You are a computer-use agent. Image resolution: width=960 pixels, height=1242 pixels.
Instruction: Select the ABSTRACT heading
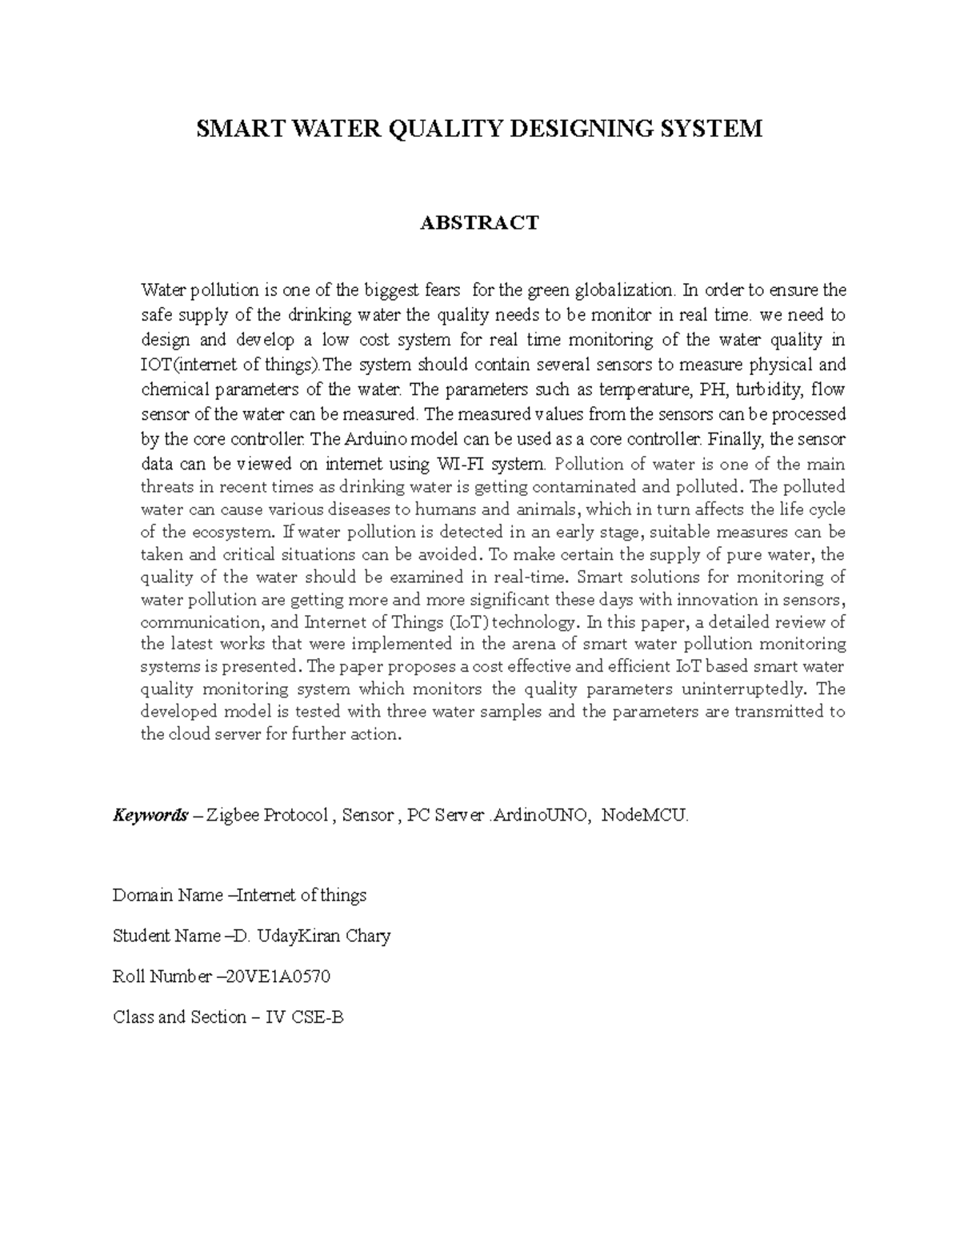click(x=480, y=222)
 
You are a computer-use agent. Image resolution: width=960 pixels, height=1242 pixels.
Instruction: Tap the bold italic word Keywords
click(x=150, y=816)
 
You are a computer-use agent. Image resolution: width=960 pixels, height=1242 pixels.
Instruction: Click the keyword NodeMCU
click(x=643, y=816)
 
